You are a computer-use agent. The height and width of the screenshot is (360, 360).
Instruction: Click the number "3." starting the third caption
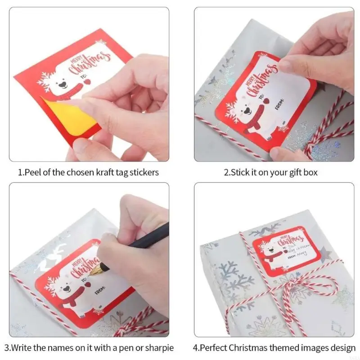[8, 347]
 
